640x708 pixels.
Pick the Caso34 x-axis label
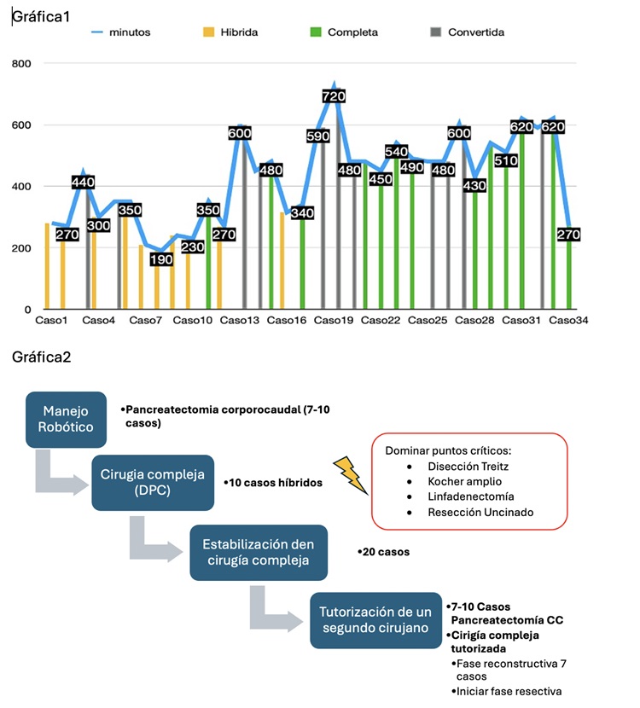tap(567, 321)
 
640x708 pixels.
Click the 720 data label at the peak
tap(333, 96)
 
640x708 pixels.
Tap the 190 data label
tap(162, 258)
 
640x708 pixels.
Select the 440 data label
tap(84, 182)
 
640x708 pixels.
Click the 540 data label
tap(396, 152)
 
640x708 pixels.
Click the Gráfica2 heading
tap(41, 357)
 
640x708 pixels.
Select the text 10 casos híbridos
tap(273, 483)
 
